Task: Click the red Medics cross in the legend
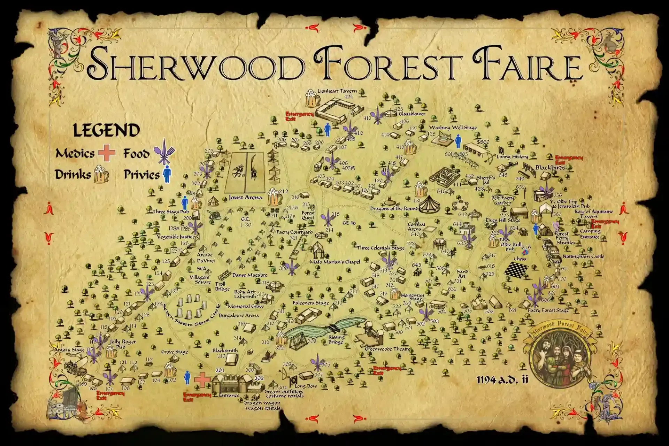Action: pos(106,153)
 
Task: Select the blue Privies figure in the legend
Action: pos(167,175)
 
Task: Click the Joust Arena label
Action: pos(245,198)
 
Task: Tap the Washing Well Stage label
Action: pos(453,128)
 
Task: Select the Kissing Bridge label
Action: pos(336,339)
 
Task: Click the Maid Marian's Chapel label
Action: pos(335,262)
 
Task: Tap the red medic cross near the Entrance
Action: pos(202,379)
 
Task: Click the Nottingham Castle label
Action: pos(583,256)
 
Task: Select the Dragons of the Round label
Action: pos(394,208)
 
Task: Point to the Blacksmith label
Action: pos(225,351)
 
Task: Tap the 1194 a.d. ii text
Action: pos(502,380)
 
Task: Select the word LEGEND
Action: pos(106,131)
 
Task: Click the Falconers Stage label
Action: pos(310,303)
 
